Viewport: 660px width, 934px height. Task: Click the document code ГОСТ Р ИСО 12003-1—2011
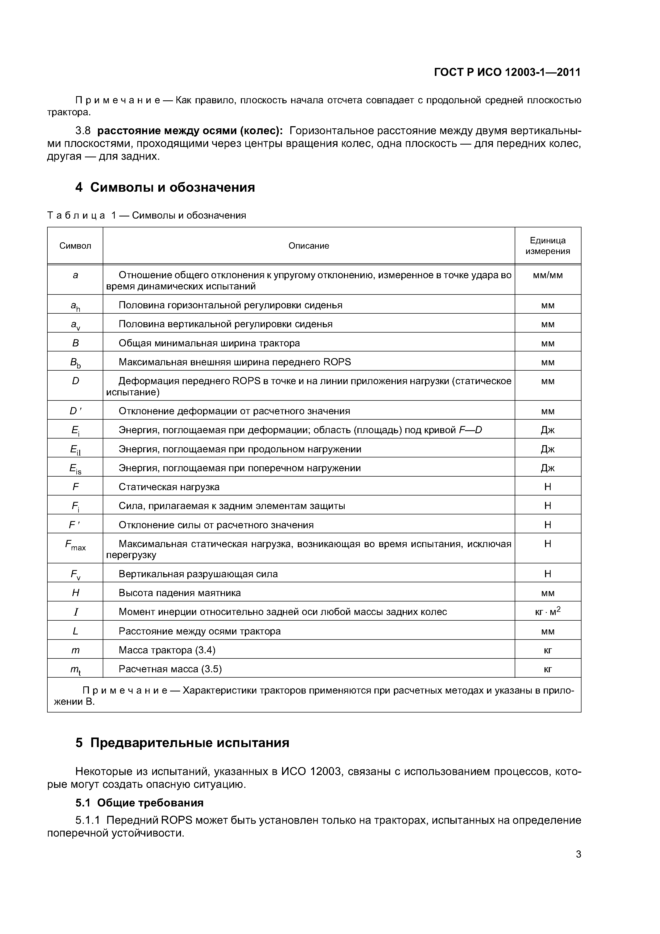[507, 72]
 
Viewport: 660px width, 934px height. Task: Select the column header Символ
[75, 246]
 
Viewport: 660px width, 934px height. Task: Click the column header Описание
[309, 246]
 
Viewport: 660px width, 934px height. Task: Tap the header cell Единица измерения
[547, 246]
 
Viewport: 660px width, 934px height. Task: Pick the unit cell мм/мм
[547, 275]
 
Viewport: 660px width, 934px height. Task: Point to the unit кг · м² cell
[547, 611]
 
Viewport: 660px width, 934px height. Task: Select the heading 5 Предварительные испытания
[182, 743]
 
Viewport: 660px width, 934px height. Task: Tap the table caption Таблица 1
[146, 215]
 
